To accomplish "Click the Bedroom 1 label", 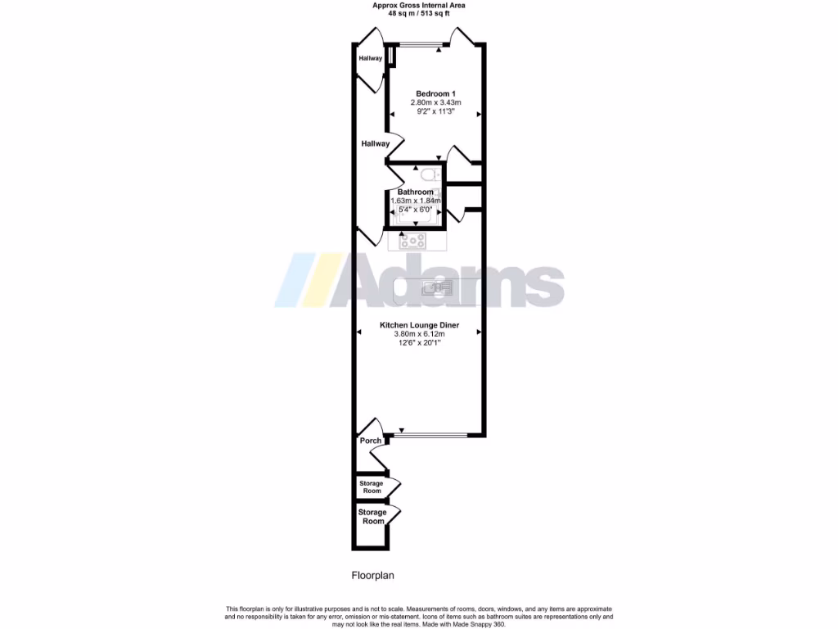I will click(x=436, y=93).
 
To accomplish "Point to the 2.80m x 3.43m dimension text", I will click(x=436, y=102).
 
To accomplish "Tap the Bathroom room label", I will click(x=416, y=192).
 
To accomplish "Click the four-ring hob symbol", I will click(x=412, y=241).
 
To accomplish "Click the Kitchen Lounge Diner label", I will click(x=419, y=325).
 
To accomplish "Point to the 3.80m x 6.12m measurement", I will click(x=419, y=334).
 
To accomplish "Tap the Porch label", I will click(x=371, y=441).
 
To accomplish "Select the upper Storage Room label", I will click(x=371, y=487).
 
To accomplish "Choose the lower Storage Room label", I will click(x=372, y=517).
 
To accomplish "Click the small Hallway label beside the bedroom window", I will click(x=371, y=58).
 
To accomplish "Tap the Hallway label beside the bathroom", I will click(x=376, y=143).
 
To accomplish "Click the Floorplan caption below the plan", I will click(x=373, y=575).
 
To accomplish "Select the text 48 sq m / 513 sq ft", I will click(x=419, y=13).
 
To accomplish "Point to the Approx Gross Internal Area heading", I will click(x=419, y=5).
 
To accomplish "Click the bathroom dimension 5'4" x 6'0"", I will click(x=416, y=210).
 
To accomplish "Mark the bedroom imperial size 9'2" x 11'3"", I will click(x=436, y=112).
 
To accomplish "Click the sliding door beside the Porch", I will click(x=433, y=434).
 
